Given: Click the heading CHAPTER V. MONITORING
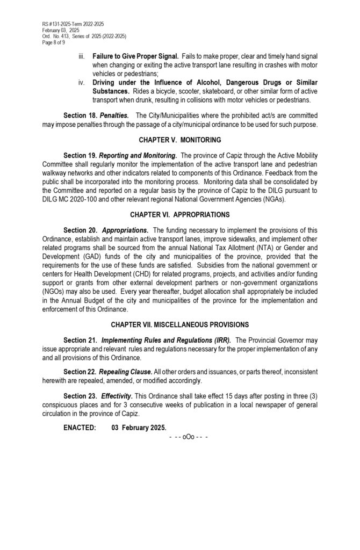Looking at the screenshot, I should coord(179,140).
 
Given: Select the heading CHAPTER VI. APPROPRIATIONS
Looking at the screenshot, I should coord(179,215).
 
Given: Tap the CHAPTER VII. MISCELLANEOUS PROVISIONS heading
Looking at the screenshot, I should coord(179,325).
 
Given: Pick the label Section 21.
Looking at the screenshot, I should coord(80,340).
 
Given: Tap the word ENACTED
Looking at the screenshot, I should coord(80,428).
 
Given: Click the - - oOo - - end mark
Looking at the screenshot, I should coord(188,437).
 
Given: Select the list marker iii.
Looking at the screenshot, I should coord(81,56).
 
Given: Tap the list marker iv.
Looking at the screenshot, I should coord(81,83).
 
